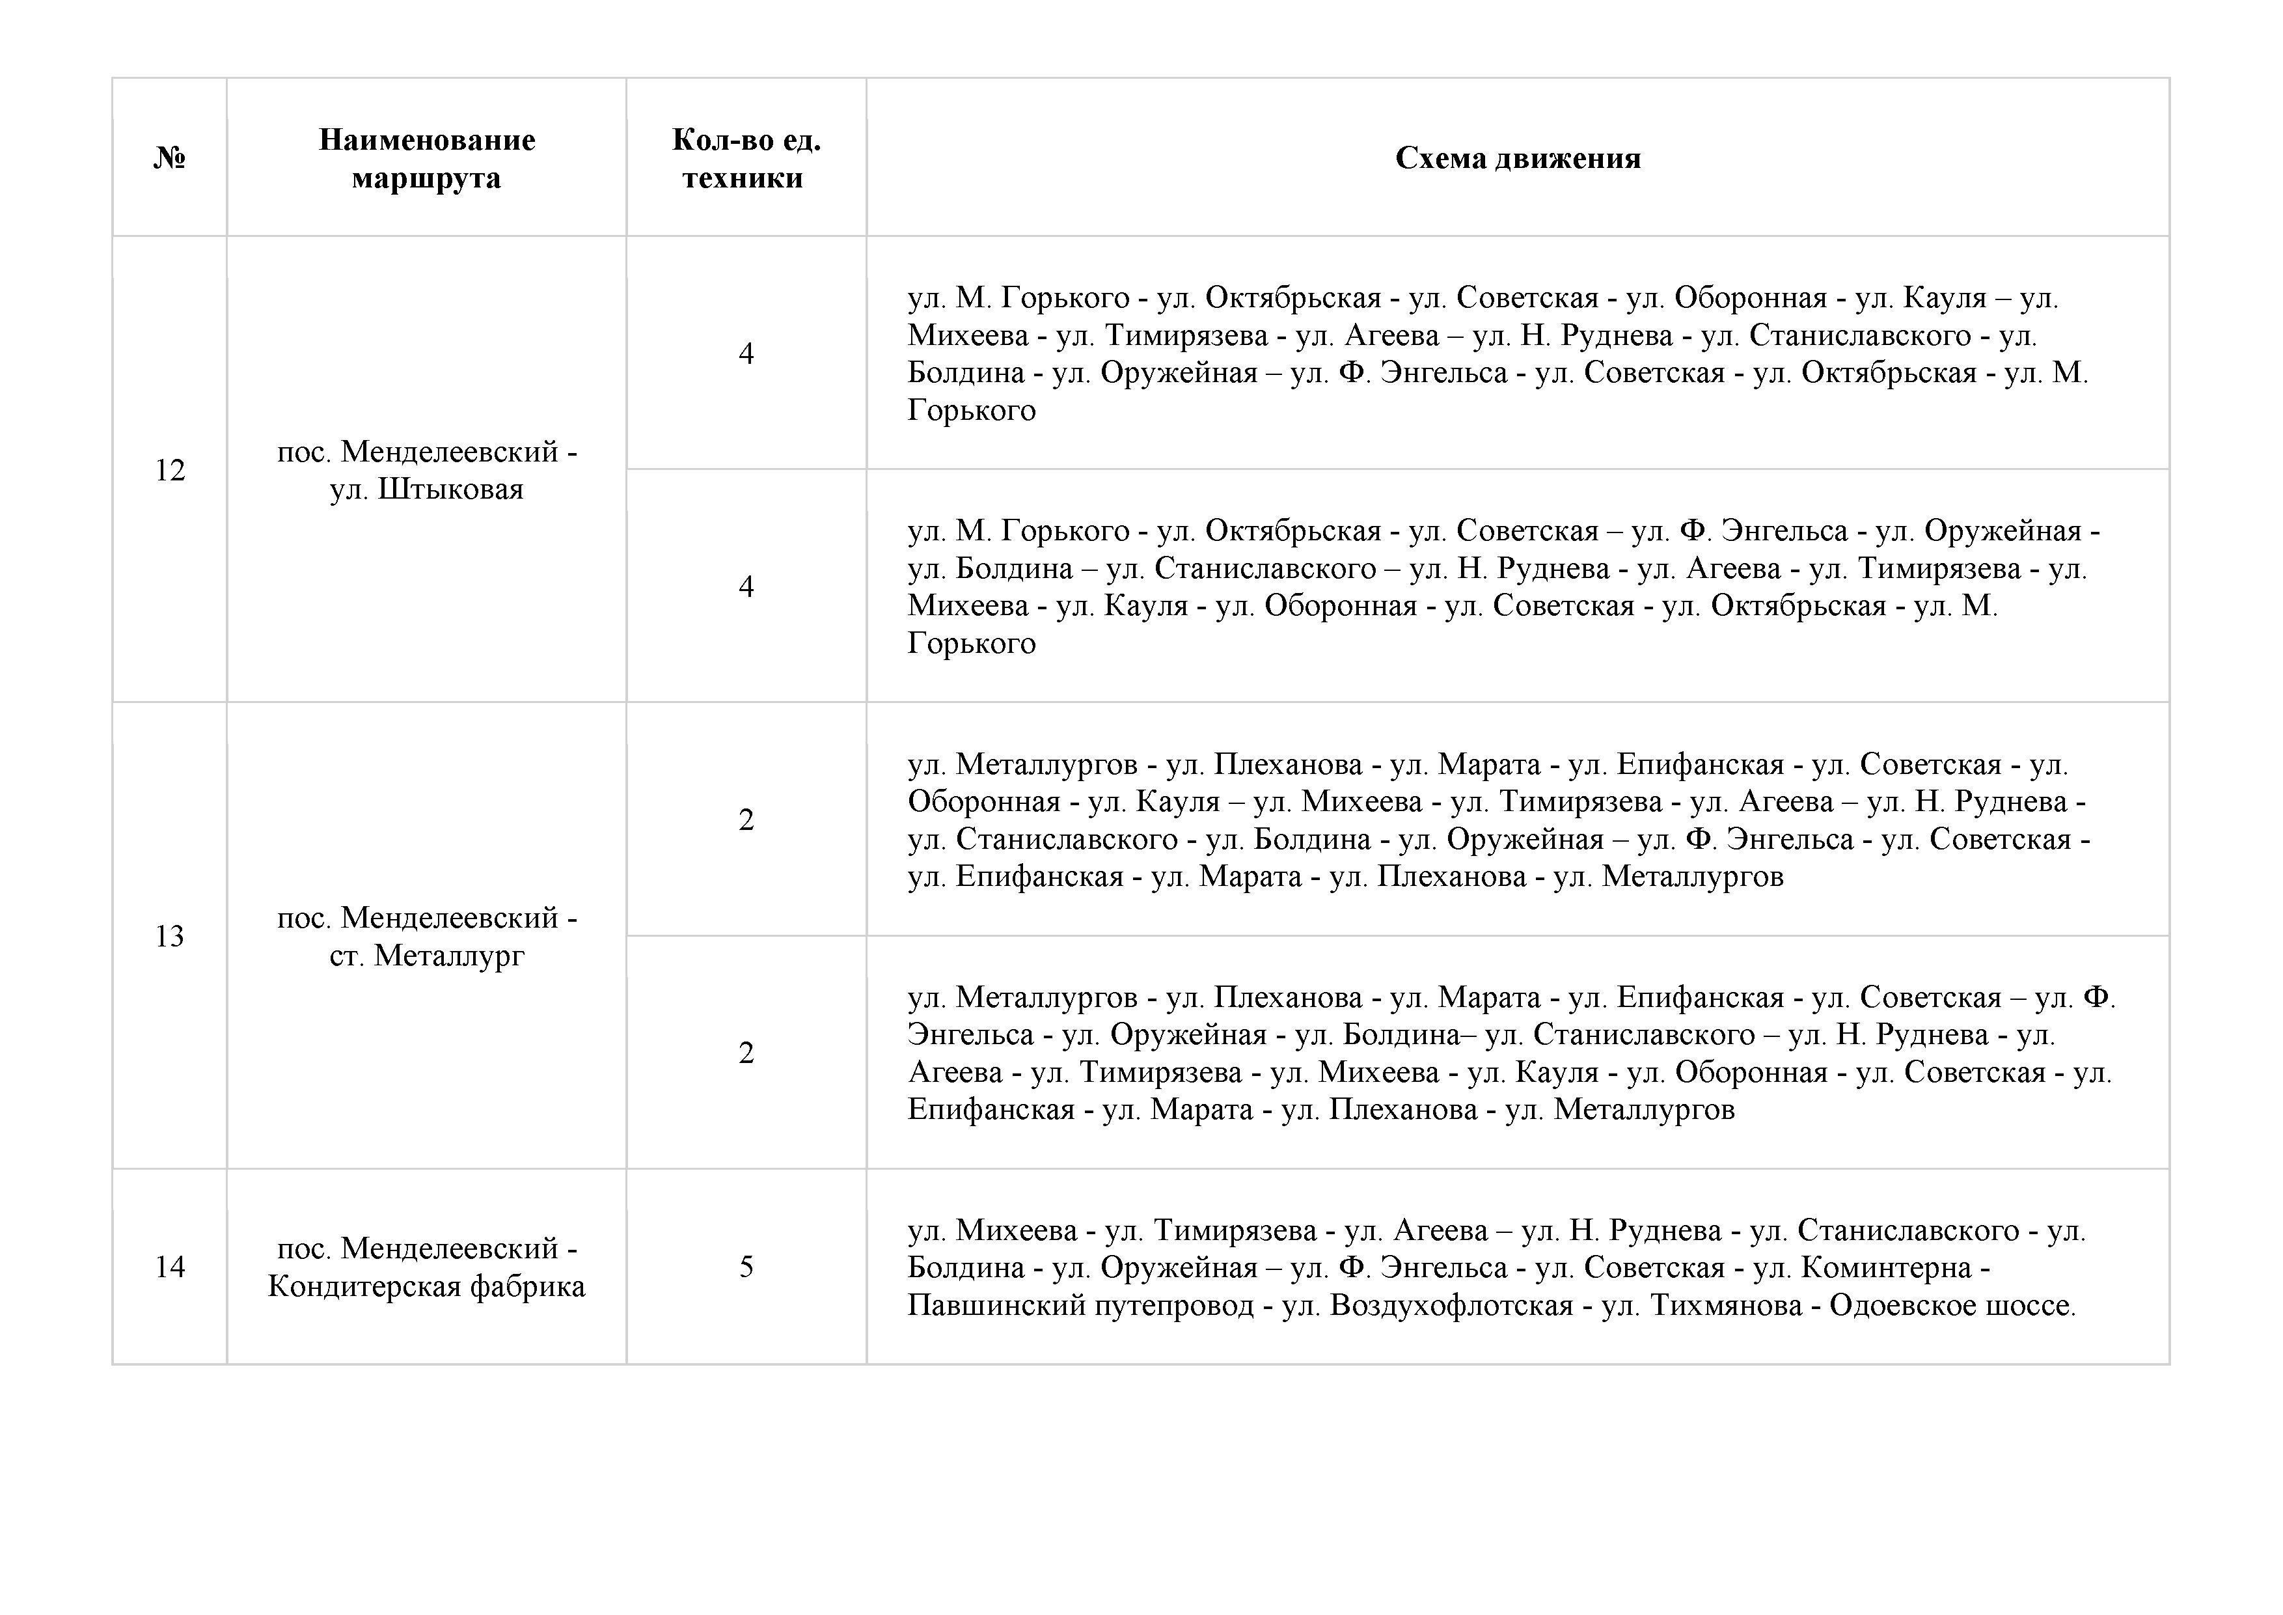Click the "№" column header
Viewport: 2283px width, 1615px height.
(170, 158)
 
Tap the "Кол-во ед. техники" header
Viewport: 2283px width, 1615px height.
(746, 158)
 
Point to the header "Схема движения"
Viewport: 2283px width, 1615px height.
(1518, 158)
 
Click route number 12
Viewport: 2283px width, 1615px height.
(170, 469)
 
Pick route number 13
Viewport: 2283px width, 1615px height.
(170, 936)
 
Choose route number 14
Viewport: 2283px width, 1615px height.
(170, 1266)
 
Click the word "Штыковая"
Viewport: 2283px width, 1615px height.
(450, 490)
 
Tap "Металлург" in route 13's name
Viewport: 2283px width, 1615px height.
(450, 956)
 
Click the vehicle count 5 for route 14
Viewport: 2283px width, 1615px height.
(746, 1266)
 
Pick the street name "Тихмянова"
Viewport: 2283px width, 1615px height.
(1726, 1304)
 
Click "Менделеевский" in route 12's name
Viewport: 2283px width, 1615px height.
(450, 452)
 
